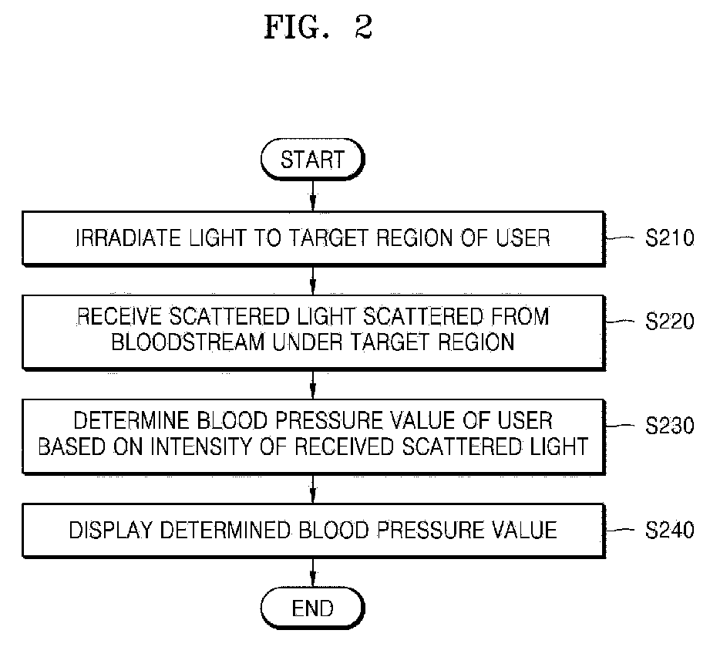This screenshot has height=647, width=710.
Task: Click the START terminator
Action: (x=312, y=160)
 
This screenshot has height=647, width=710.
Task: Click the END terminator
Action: (x=312, y=608)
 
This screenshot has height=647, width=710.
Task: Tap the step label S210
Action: (x=669, y=238)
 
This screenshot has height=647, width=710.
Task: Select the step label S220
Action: (x=669, y=322)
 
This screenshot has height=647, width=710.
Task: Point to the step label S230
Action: (x=669, y=426)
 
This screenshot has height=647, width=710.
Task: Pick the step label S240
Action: (x=669, y=530)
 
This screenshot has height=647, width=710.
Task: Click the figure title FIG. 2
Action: (x=318, y=27)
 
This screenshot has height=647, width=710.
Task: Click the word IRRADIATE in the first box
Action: (x=128, y=238)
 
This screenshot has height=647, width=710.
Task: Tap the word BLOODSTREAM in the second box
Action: (x=188, y=342)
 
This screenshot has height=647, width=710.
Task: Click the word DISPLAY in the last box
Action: (x=110, y=530)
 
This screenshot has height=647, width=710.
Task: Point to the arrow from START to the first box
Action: (x=312, y=196)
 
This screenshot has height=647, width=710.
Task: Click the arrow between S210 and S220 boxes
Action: (x=312, y=280)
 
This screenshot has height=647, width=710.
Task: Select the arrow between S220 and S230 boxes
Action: (x=312, y=385)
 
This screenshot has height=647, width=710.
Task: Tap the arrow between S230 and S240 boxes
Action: (x=312, y=488)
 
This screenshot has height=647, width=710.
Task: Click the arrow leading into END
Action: (x=312, y=573)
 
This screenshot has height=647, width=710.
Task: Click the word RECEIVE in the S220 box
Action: (x=119, y=316)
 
